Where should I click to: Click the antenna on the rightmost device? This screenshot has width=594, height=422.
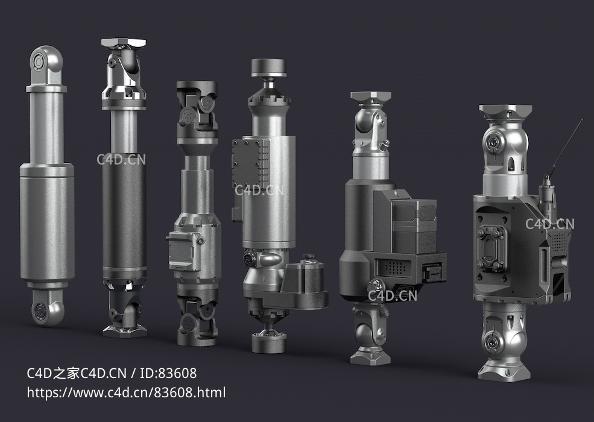tap(564, 148)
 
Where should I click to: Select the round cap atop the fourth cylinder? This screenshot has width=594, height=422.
tap(268, 68)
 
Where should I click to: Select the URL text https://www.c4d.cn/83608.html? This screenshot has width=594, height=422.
tap(126, 392)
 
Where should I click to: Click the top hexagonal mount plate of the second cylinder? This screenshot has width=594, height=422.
tap(124, 42)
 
